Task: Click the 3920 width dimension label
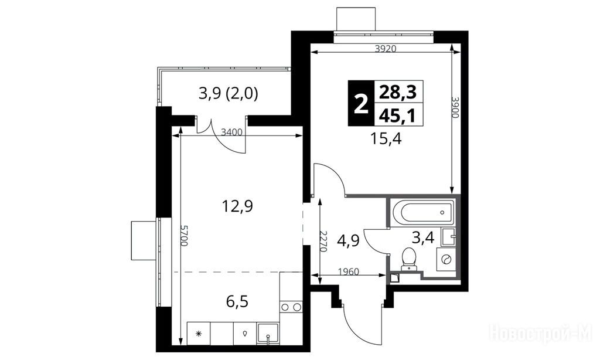tap(385, 49)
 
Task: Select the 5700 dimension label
tap(184, 236)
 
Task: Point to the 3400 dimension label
tap(232, 133)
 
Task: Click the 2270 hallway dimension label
tap(323, 242)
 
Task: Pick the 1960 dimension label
tap(349, 272)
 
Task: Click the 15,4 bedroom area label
tap(386, 138)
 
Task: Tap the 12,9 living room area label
tap(238, 206)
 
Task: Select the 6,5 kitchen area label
tap(237, 301)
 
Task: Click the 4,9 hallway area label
tap(348, 242)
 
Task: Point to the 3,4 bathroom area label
tap(423, 238)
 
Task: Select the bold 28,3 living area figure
tap(398, 92)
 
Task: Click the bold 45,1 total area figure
tap(398, 114)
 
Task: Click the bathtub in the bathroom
tap(423, 212)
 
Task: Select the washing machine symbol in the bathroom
tap(446, 259)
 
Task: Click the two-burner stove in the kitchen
tap(291, 307)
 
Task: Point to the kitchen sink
tap(268, 334)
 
